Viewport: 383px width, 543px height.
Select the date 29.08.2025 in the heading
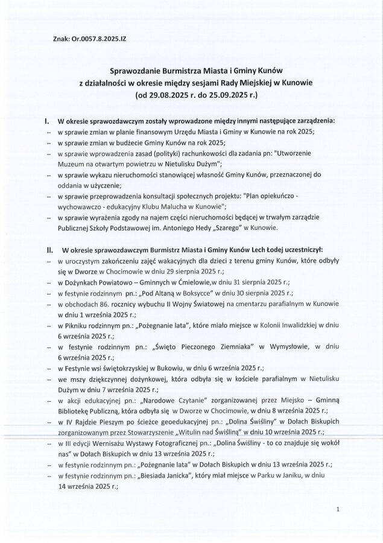click(x=167, y=95)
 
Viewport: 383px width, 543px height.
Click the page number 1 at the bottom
click(x=340, y=509)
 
